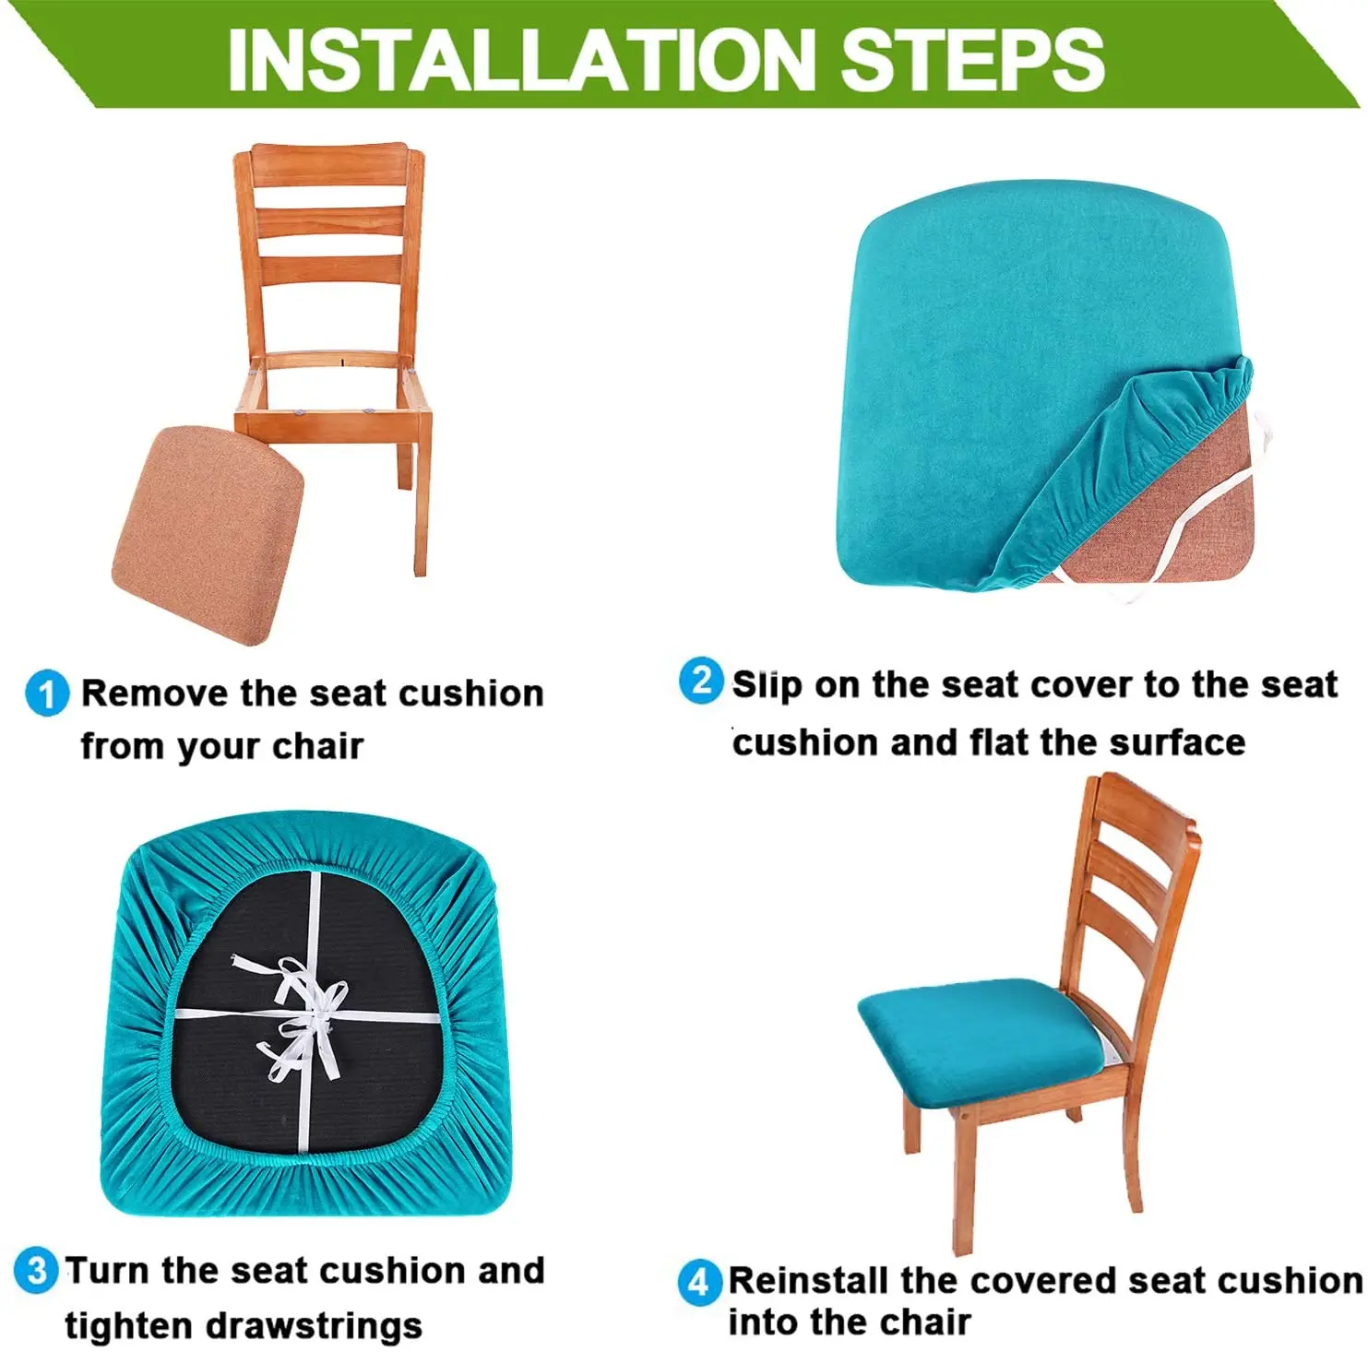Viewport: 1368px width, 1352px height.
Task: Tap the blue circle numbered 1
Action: (x=47, y=694)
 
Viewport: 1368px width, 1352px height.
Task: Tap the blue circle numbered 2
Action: (x=701, y=682)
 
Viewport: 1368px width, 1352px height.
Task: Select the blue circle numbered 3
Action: (x=37, y=1271)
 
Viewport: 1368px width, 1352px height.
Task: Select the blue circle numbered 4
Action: (x=698, y=1282)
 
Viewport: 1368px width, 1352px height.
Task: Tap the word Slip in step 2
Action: (x=767, y=685)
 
